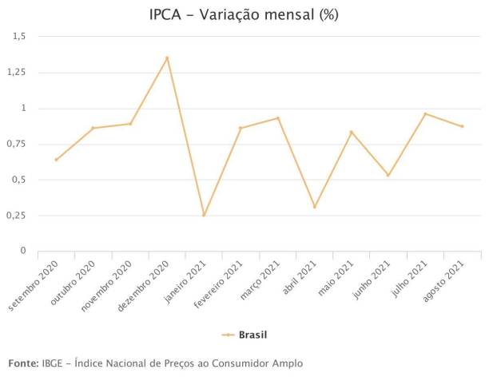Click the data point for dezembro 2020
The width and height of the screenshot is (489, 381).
(167, 58)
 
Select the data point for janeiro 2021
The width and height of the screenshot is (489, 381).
(204, 215)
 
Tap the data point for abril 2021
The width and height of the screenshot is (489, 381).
(315, 207)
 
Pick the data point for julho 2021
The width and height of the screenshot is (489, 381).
(425, 113)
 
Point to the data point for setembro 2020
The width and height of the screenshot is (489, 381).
(56, 160)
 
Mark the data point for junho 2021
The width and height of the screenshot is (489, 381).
(388, 175)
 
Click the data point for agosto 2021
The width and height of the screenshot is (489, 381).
(462, 126)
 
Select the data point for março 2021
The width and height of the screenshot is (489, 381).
(278, 118)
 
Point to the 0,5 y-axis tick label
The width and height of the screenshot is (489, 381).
(18, 180)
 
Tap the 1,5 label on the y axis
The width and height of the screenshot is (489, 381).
(18, 36)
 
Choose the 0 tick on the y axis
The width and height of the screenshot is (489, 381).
(23, 251)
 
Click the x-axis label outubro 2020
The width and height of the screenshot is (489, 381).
(79, 277)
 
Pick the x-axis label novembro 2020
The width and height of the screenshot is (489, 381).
(112, 280)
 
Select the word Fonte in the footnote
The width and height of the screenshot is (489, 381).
(22, 363)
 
